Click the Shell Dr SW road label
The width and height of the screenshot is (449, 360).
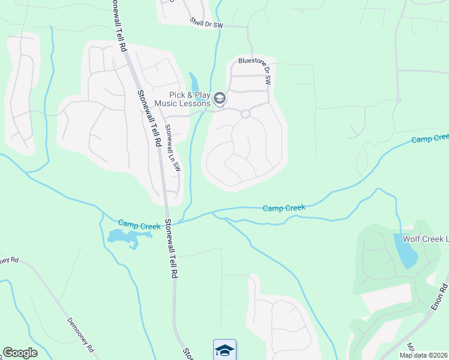206,23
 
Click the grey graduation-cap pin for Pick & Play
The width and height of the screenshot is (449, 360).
220,98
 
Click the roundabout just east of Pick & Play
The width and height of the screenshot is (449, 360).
245,114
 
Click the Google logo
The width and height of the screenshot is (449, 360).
20,353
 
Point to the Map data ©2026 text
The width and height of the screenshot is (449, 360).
424,355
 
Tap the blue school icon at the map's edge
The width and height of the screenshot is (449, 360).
224,349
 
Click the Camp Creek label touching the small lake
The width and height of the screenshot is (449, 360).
139,225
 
